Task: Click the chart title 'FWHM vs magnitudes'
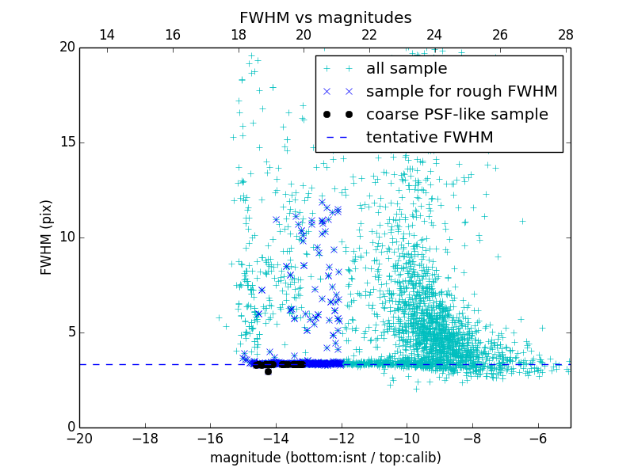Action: pos(325,17)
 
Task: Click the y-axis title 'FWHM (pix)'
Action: pos(47,237)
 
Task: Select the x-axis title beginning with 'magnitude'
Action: pos(325,458)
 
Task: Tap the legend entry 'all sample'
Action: pos(406,69)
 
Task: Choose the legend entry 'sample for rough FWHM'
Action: pos(461,92)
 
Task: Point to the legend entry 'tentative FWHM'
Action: pos(429,138)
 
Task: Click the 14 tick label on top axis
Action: pos(106,35)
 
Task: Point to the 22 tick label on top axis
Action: pos(369,35)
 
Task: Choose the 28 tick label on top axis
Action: pos(565,35)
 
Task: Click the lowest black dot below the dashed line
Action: pos(268,371)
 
